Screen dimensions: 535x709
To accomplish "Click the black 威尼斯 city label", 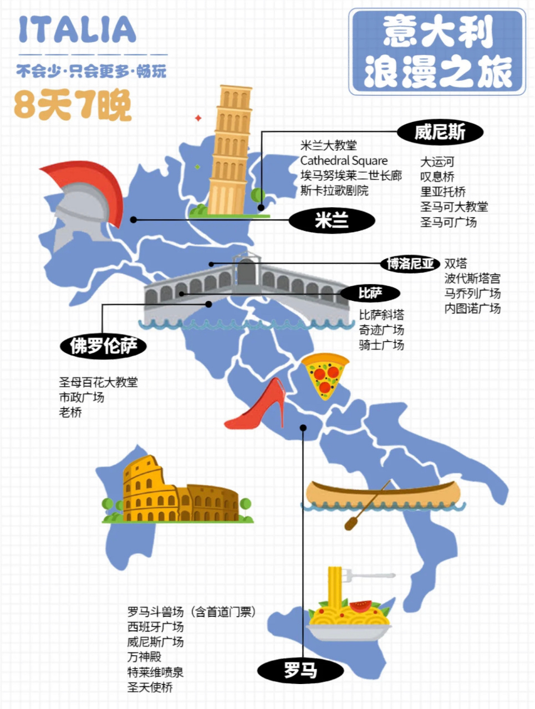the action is pyautogui.click(x=440, y=132).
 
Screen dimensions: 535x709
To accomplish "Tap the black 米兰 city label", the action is pyautogui.click(x=332, y=220).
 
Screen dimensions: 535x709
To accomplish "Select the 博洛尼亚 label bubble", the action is pyautogui.click(x=410, y=263).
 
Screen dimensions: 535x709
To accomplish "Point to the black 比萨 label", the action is pyautogui.click(x=370, y=292).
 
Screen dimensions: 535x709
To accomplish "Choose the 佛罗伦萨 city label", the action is pyautogui.click(x=103, y=346).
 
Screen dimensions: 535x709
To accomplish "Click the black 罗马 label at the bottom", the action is pyautogui.click(x=300, y=670).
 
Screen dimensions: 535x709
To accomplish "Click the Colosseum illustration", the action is pyautogui.click(x=177, y=493).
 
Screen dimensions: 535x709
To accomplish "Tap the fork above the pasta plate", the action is pyautogui.click(x=369, y=576).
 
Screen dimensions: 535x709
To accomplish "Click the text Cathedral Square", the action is pyautogui.click(x=344, y=161).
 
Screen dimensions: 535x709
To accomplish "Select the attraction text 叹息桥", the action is pyautogui.click(x=437, y=177).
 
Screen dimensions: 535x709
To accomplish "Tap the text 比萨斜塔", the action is pyautogui.click(x=381, y=315).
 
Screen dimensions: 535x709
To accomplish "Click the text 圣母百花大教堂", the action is pyautogui.click(x=98, y=382).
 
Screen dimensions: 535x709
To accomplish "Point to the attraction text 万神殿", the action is pyautogui.click(x=144, y=657).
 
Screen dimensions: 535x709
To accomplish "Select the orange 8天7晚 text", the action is pyautogui.click(x=73, y=105).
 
